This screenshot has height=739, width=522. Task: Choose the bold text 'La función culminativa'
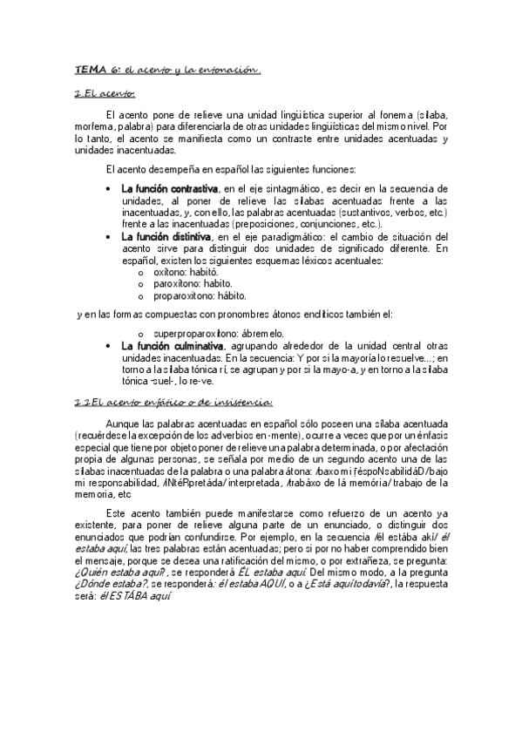tap(171, 346)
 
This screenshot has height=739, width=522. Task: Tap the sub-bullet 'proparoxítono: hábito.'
tap(198, 296)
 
